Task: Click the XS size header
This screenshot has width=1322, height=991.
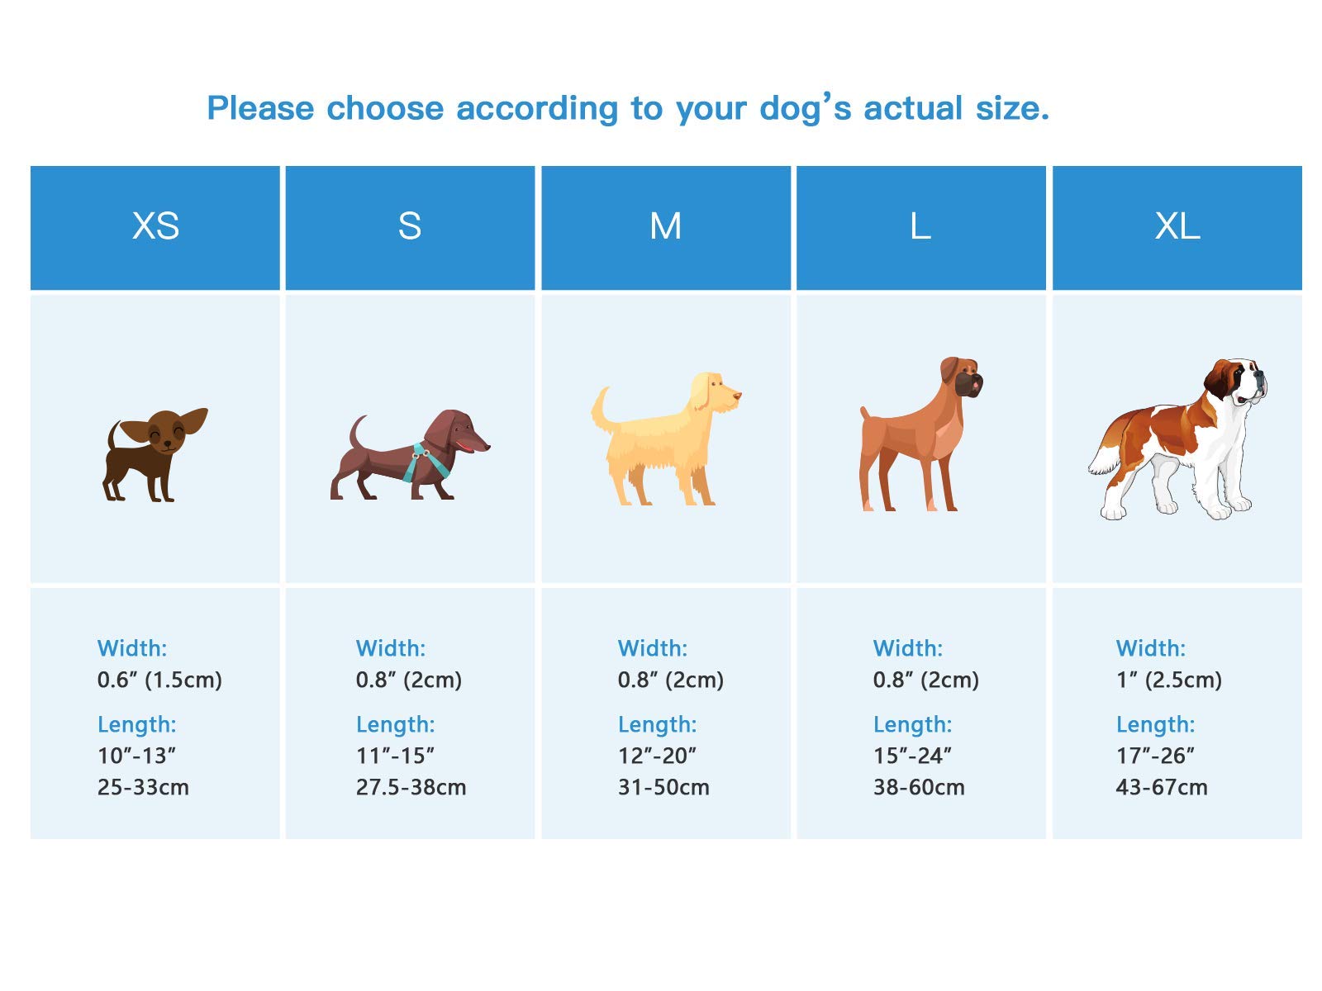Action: click(155, 226)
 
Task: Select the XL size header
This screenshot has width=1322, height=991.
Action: click(1177, 226)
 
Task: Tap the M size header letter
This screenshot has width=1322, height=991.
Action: click(665, 226)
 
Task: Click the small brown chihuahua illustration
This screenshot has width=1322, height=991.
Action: click(155, 454)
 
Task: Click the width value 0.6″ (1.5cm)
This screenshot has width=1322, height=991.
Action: click(159, 680)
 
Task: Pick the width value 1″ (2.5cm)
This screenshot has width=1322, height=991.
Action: click(1168, 680)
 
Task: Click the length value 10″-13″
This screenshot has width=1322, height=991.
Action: click(136, 756)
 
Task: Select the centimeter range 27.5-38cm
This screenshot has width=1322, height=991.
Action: click(411, 787)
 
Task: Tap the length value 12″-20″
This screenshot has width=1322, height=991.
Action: click(657, 756)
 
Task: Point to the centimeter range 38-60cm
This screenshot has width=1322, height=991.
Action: click(919, 787)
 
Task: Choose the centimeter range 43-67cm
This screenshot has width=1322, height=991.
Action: click(1161, 787)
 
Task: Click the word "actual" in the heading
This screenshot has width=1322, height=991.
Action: click(912, 109)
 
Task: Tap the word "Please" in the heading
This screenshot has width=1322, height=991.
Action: click(260, 109)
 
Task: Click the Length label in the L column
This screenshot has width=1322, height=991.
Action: click(912, 724)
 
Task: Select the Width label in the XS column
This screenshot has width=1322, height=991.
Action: click(132, 648)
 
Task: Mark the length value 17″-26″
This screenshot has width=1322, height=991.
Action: click(1155, 756)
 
